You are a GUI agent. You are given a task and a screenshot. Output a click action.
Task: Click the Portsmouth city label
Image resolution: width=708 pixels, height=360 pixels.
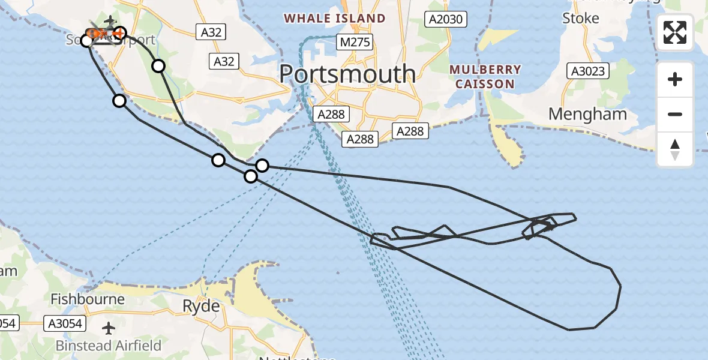(x=347, y=74)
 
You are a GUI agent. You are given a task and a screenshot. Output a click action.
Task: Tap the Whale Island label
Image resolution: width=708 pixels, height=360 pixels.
(x=335, y=19)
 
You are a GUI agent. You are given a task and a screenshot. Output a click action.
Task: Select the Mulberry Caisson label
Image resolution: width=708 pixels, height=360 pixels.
(x=485, y=77)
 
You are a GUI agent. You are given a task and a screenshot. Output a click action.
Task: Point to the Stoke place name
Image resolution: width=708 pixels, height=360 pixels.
(x=580, y=19)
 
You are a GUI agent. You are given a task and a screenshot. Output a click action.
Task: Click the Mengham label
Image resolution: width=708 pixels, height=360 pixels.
(x=587, y=114)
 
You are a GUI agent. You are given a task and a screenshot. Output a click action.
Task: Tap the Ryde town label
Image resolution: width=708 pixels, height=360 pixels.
(x=201, y=307)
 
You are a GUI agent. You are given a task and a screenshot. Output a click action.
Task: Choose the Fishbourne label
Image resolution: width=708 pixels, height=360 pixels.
(x=88, y=299)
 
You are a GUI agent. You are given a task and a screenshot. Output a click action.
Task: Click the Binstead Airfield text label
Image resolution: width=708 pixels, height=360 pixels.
(x=109, y=346)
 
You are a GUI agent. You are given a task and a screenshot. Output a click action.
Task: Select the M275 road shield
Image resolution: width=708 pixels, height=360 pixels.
(x=355, y=42)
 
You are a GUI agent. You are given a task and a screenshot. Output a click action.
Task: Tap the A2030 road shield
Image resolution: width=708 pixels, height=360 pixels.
(x=445, y=20)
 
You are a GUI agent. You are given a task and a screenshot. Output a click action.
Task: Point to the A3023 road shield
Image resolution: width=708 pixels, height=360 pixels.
(x=588, y=71)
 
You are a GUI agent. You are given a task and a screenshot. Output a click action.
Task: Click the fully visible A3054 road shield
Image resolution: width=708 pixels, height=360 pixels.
(x=67, y=324)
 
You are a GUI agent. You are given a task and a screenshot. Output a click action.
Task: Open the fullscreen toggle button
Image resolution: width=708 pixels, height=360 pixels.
(x=675, y=32)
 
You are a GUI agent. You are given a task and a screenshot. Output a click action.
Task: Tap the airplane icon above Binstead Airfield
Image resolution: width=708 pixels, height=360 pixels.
(x=109, y=328)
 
